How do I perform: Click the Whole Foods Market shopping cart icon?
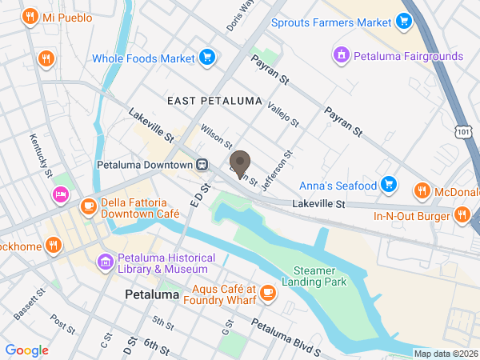click(x=207, y=58)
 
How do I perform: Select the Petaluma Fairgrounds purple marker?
click(x=341, y=55)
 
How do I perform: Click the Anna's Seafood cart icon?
click(x=388, y=185)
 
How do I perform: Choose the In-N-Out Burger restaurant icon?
click(x=462, y=214)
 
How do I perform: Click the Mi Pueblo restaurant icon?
click(x=30, y=16)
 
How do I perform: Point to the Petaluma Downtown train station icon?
click(x=203, y=164)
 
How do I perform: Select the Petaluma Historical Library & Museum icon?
click(x=105, y=262)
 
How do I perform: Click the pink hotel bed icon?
click(x=59, y=194)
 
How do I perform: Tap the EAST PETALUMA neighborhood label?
click(x=214, y=101)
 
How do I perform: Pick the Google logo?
click(x=27, y=350)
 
